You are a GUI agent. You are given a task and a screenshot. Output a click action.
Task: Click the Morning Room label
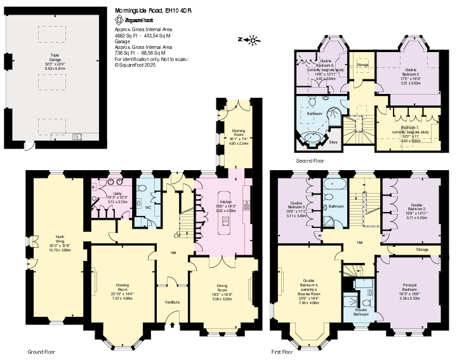[239, 138]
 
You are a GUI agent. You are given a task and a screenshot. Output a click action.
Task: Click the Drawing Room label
[123, 290]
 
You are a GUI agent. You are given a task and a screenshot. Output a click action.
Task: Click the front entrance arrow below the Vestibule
[172, 325]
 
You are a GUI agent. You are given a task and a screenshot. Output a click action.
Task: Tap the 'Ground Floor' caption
[43, 351]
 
